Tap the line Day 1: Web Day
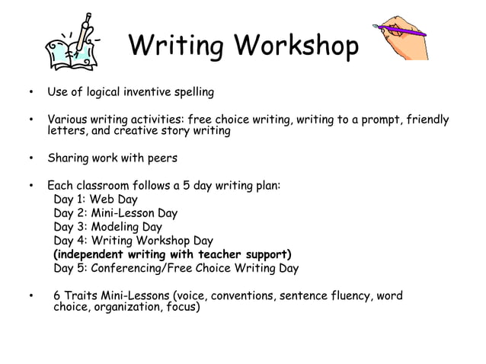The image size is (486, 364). click(x=96, y=200)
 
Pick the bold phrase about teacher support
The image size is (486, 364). click(x=173, y=254)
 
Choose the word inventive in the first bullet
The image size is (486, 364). click(x=145, y=92)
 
